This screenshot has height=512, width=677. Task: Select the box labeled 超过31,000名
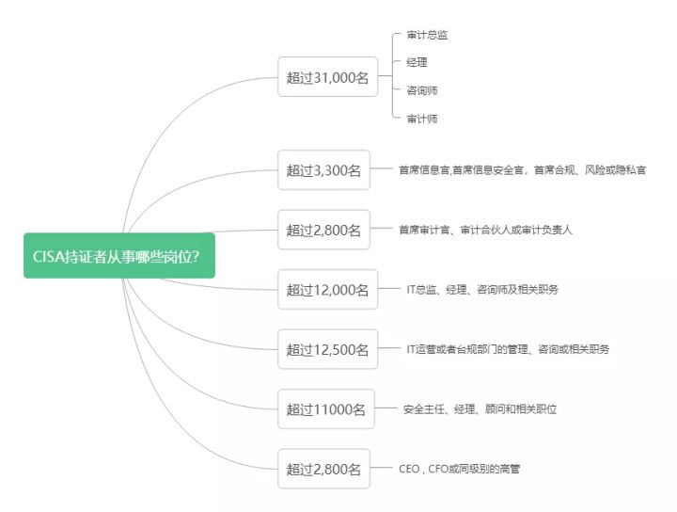(x=327, y=77)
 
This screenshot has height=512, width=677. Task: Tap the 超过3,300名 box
(x=323, y=170)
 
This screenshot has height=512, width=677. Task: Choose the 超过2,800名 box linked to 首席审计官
(x=323, y=230)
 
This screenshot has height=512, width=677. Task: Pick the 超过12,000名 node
(x=327, y=289)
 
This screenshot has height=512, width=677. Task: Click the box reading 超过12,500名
(x=327, y=349)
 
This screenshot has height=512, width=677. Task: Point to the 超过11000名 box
(x=325, y=408)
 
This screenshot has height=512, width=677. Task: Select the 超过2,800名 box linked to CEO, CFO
(x=323, y=468)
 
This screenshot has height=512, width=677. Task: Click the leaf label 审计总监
(x=427, y=35)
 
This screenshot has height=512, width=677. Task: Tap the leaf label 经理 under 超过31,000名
(x=417, y=63)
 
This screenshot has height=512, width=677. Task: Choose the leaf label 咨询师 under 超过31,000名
(x=421, y=90)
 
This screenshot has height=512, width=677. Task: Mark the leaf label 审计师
(x=421, y=119)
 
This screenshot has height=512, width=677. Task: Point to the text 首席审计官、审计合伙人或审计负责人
(x=485, y=230)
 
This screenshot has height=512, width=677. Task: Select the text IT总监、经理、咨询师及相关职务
(x=482, y=289)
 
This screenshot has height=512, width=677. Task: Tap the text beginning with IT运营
(x=508, y=349)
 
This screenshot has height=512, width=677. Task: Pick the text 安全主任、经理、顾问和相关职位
(x=480, y=408)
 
